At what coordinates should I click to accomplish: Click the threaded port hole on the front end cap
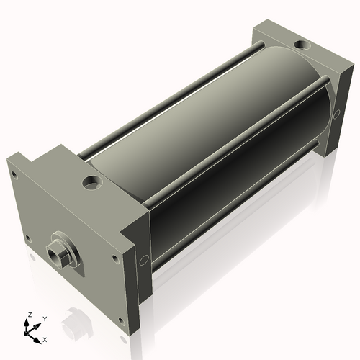click(x=92, y=183)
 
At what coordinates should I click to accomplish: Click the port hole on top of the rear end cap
click(x=302, y=45)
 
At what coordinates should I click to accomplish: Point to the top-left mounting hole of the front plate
click(x=14, y=174)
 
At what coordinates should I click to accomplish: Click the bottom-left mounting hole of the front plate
click(x=28, y=238)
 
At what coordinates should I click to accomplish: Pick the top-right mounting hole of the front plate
click(x=115, y=258)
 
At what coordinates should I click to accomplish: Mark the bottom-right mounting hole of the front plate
click(x=122, y=321)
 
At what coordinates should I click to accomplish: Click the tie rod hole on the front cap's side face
click(x=144, y=260)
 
